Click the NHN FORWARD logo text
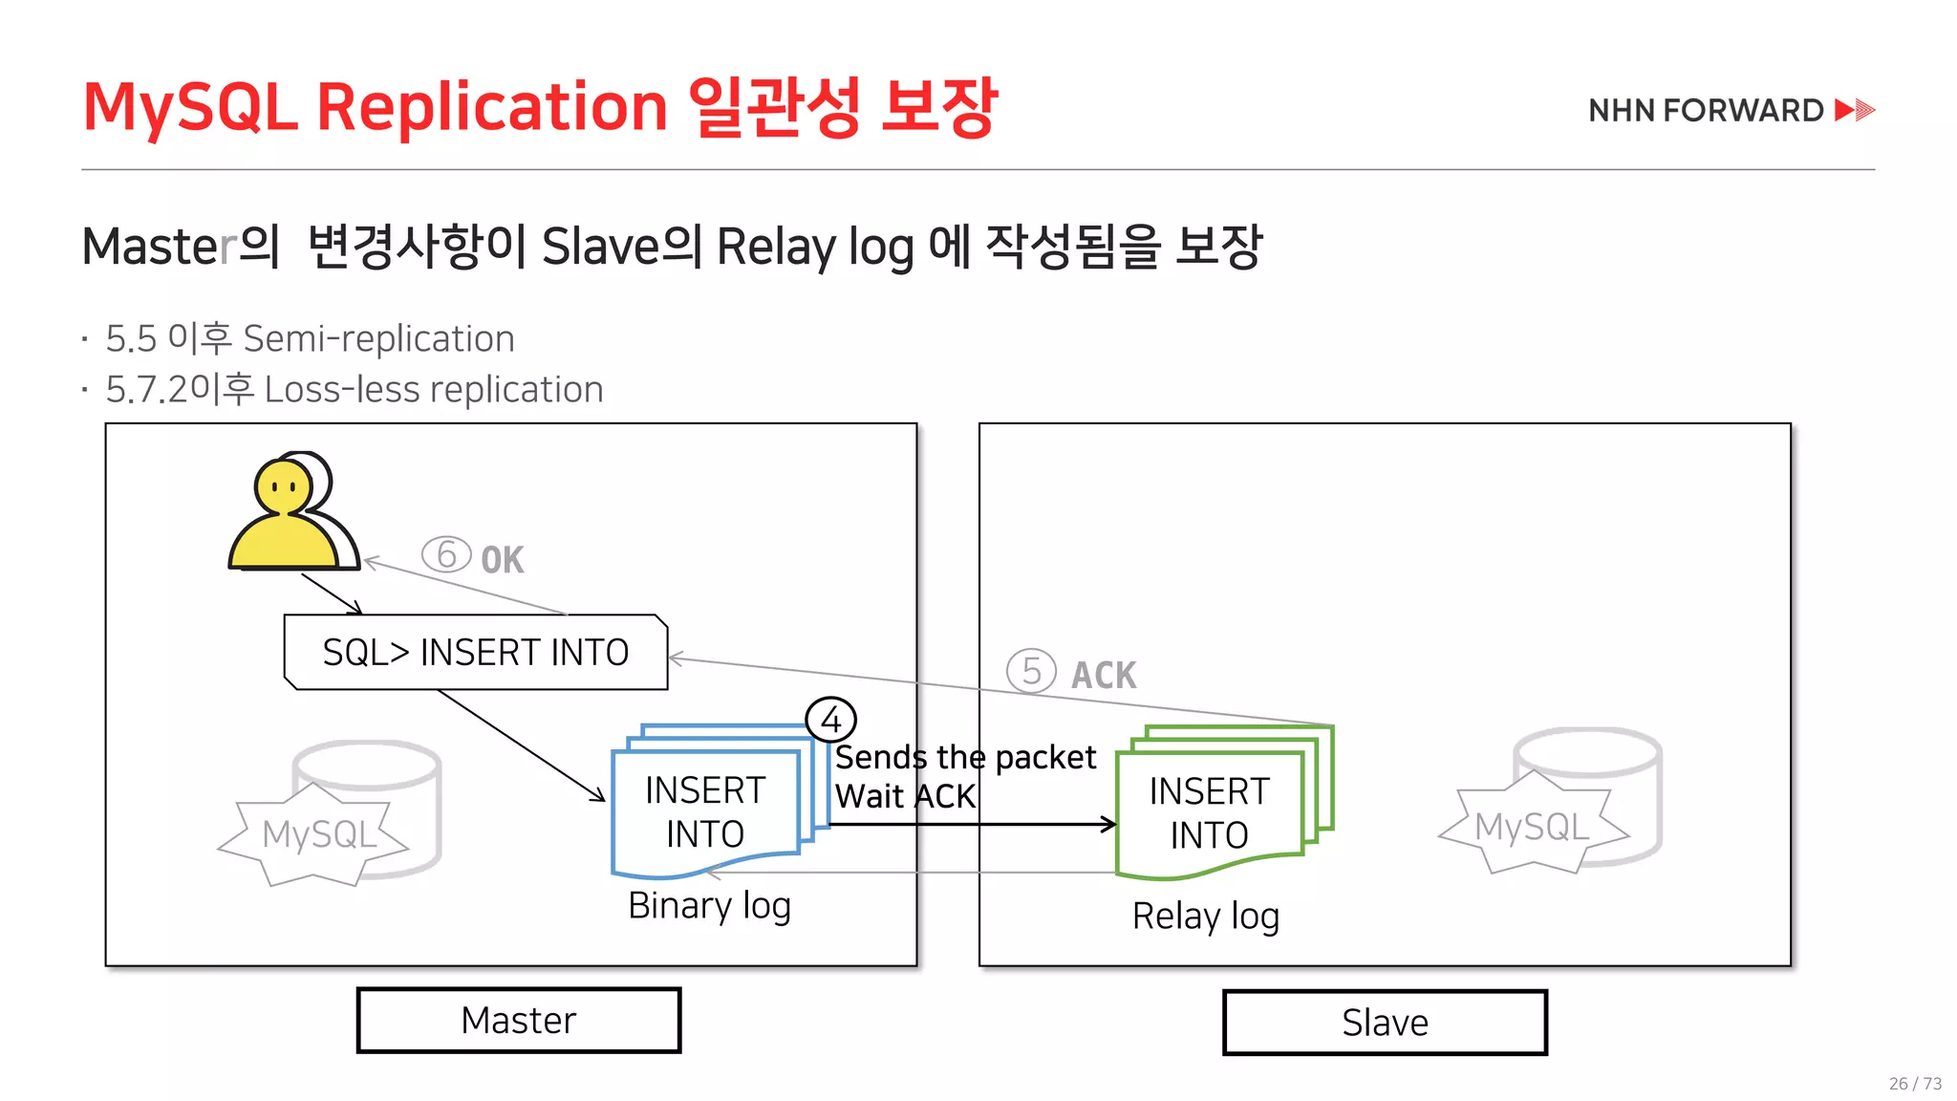click(1706, 111)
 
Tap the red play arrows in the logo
click(1855, 110)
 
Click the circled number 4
click(830, 720)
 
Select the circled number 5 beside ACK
click(1031, 671)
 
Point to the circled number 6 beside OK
click(446, 554)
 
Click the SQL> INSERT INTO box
click(476, 652)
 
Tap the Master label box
click(519, 1021)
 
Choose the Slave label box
click(1385, 1023)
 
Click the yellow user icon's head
click(283, 486)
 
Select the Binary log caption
click(709, 905)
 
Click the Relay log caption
click(1205, 916)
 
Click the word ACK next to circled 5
click(1104, 676)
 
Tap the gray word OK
click(502, 560)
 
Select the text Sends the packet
click(965, 757)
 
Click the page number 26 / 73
click(1914, 1083)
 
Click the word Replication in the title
click(491, 107)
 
